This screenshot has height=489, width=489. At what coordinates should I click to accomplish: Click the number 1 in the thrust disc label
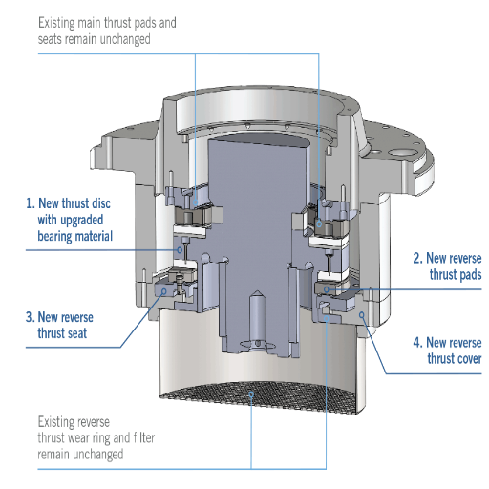(x=29, y=203)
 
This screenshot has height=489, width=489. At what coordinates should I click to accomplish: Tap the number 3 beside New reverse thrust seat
(x=29, y=316)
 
